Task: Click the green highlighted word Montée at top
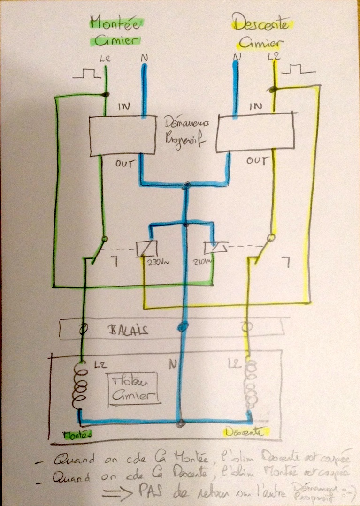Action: tap(117, 23)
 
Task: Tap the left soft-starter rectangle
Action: tap(122, 136)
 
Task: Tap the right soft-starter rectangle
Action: tap(254, 132)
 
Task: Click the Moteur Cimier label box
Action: tap(133, 389)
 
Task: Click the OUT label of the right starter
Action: tap(256, 161)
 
